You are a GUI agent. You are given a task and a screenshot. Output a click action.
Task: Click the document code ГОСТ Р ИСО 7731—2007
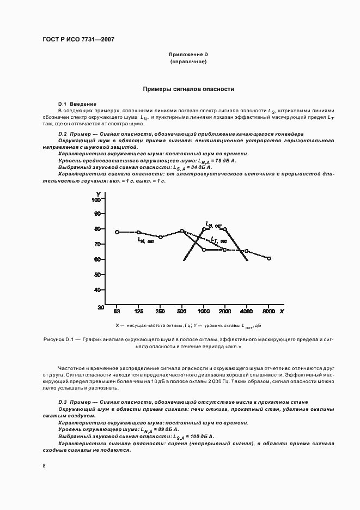[77, 40]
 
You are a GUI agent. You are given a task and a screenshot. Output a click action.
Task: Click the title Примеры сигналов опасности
[188, 88]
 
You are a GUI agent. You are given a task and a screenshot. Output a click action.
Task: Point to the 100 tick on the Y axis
[97, 200]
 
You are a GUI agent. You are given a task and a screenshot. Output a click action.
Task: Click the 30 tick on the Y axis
[101, 307]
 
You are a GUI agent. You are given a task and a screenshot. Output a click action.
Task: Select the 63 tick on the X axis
[117, 311]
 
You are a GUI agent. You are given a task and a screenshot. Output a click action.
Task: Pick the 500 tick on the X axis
[182, 311]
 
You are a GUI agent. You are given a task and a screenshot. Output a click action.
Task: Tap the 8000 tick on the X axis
[269, 311]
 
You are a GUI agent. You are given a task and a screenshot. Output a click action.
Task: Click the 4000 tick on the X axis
[247, 311]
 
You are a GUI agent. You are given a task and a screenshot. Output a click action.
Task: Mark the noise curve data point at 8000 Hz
[269, 258]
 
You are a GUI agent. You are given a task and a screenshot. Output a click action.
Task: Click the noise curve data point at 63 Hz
[117, 232]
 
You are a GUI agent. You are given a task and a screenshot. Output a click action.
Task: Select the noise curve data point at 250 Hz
[160, 237]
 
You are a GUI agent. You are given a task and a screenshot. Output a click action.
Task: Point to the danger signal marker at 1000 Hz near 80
[204, 229]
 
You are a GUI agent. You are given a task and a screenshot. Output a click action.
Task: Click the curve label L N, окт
[145, 240]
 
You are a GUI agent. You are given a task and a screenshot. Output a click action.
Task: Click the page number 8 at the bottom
[44, 466]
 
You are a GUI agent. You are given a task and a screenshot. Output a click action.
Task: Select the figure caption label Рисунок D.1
[58, 339]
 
